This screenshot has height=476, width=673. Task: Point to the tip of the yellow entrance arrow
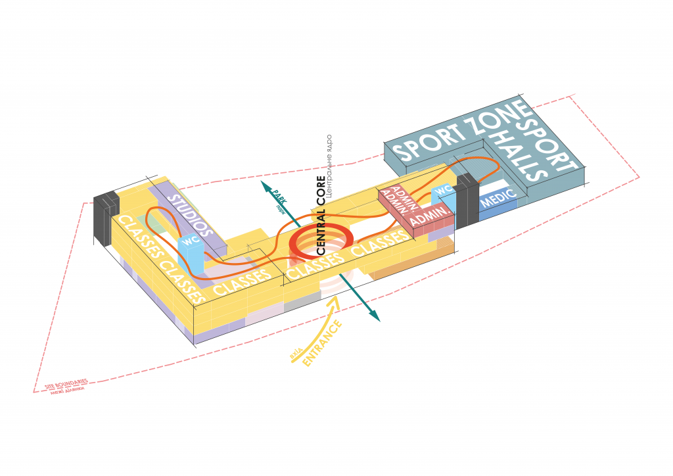[338, 298]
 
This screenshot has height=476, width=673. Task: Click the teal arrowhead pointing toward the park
[266, 185]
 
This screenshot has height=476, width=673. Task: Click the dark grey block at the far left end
[104, 218]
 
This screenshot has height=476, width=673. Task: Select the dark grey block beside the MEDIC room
[467, 198]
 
